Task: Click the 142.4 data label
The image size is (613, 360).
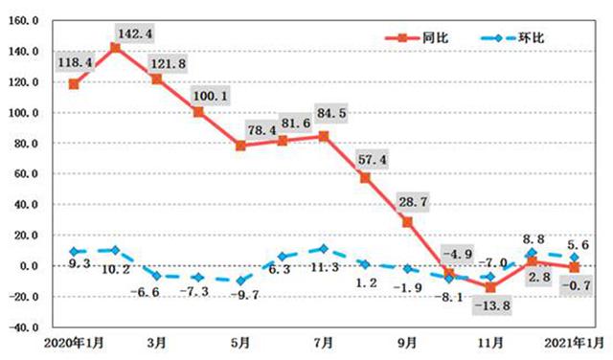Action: pos(133,34)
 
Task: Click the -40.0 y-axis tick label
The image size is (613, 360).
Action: pos(23,326)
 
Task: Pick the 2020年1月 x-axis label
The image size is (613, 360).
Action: pos(74,342)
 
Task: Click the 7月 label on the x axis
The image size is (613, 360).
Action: pos(324,342)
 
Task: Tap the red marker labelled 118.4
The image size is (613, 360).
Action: pos(74,84)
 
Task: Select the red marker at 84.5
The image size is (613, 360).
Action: pos(324,136)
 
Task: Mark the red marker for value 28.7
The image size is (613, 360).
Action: pos(407,221)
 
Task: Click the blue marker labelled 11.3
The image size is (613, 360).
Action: pos(324,248)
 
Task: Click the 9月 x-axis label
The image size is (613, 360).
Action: pos(407,342)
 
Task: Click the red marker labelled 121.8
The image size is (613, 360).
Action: pos(157,79)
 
